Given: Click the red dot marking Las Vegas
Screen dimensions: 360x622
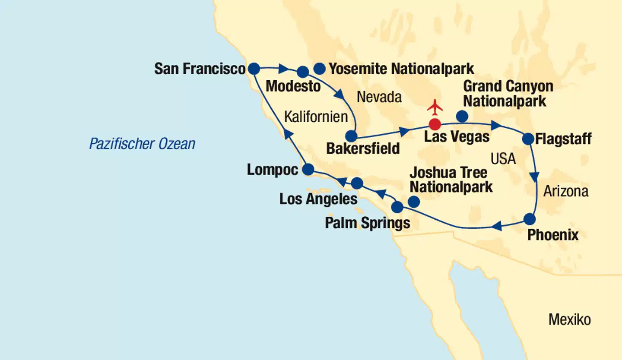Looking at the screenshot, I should click(x=435, y=124).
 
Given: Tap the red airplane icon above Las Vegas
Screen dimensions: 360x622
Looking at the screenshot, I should click(x=435, y=107).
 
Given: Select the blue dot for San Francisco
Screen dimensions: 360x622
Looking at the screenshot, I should click(x=254, y=68).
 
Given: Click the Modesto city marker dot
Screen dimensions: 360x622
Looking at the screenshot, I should click(x=303, y=72).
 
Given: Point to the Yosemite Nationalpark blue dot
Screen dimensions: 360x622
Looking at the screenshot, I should click(x=319, y=68).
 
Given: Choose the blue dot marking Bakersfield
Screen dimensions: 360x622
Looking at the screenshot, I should click(x=352, y=136).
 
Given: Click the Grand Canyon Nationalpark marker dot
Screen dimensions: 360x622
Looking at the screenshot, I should click(x=462, y=116).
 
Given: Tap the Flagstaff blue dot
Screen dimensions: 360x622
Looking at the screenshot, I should click(x=528, y=139).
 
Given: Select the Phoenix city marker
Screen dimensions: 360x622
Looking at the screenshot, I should click(x=530, y=219).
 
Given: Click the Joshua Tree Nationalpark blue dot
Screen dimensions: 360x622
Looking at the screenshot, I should click(x=414, y=201).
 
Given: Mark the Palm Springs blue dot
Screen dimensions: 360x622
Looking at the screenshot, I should click(x=397, y=207).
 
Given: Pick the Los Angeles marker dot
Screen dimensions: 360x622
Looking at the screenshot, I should click(x=357, y=183).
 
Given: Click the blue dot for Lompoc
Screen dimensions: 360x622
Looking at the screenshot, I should click(x=308, y=170).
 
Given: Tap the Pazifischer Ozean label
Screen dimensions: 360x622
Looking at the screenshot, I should click(x=142, y=144).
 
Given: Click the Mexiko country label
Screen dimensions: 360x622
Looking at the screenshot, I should click(x=569, y=320).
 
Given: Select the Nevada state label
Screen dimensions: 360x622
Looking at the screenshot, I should click(x=379, y=98).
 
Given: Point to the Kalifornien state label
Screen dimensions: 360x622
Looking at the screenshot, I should click(x=316, y=117).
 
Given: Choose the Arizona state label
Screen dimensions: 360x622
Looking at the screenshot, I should click(x=565, y=191).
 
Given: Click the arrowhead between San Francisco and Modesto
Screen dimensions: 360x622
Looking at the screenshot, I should click(x=284, y=68).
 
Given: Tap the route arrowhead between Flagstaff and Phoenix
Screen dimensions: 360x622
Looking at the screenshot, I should click(x=535, y=177).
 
